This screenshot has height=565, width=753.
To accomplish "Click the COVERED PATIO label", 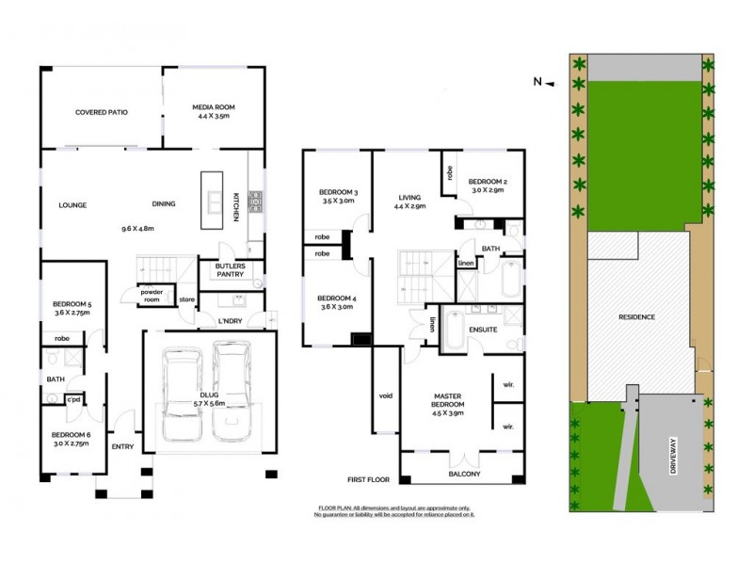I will click(x=101, y=112).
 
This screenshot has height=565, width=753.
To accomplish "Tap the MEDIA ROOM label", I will click(x=213, y=107).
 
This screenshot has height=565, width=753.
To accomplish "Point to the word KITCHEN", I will click(x=236, y=206).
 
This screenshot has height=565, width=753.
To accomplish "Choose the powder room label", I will click(x=152, y=295).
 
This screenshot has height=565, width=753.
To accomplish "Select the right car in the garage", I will click(x=232, y=393).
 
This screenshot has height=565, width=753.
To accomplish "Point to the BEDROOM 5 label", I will click(x=72, y=303).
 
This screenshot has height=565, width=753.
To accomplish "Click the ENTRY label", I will click(x=122, y=446).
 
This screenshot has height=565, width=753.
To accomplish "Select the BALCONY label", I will click(x=464, y=474).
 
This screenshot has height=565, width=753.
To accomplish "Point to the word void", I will click(x=384, y=395).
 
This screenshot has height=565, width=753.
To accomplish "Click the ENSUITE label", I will click(x=483, y=330).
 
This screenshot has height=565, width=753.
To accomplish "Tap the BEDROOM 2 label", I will click(x=488, y=181).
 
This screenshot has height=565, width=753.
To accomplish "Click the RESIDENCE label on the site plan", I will click(x=637, y=317).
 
